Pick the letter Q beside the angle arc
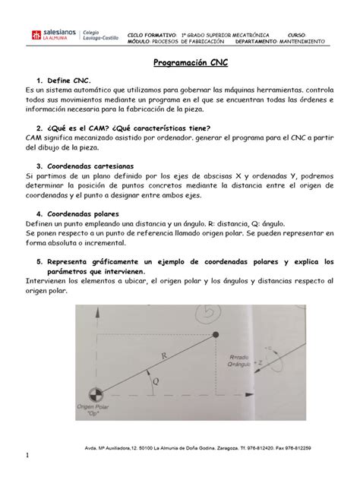coord(156,383)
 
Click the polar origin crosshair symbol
coord(95,395)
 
